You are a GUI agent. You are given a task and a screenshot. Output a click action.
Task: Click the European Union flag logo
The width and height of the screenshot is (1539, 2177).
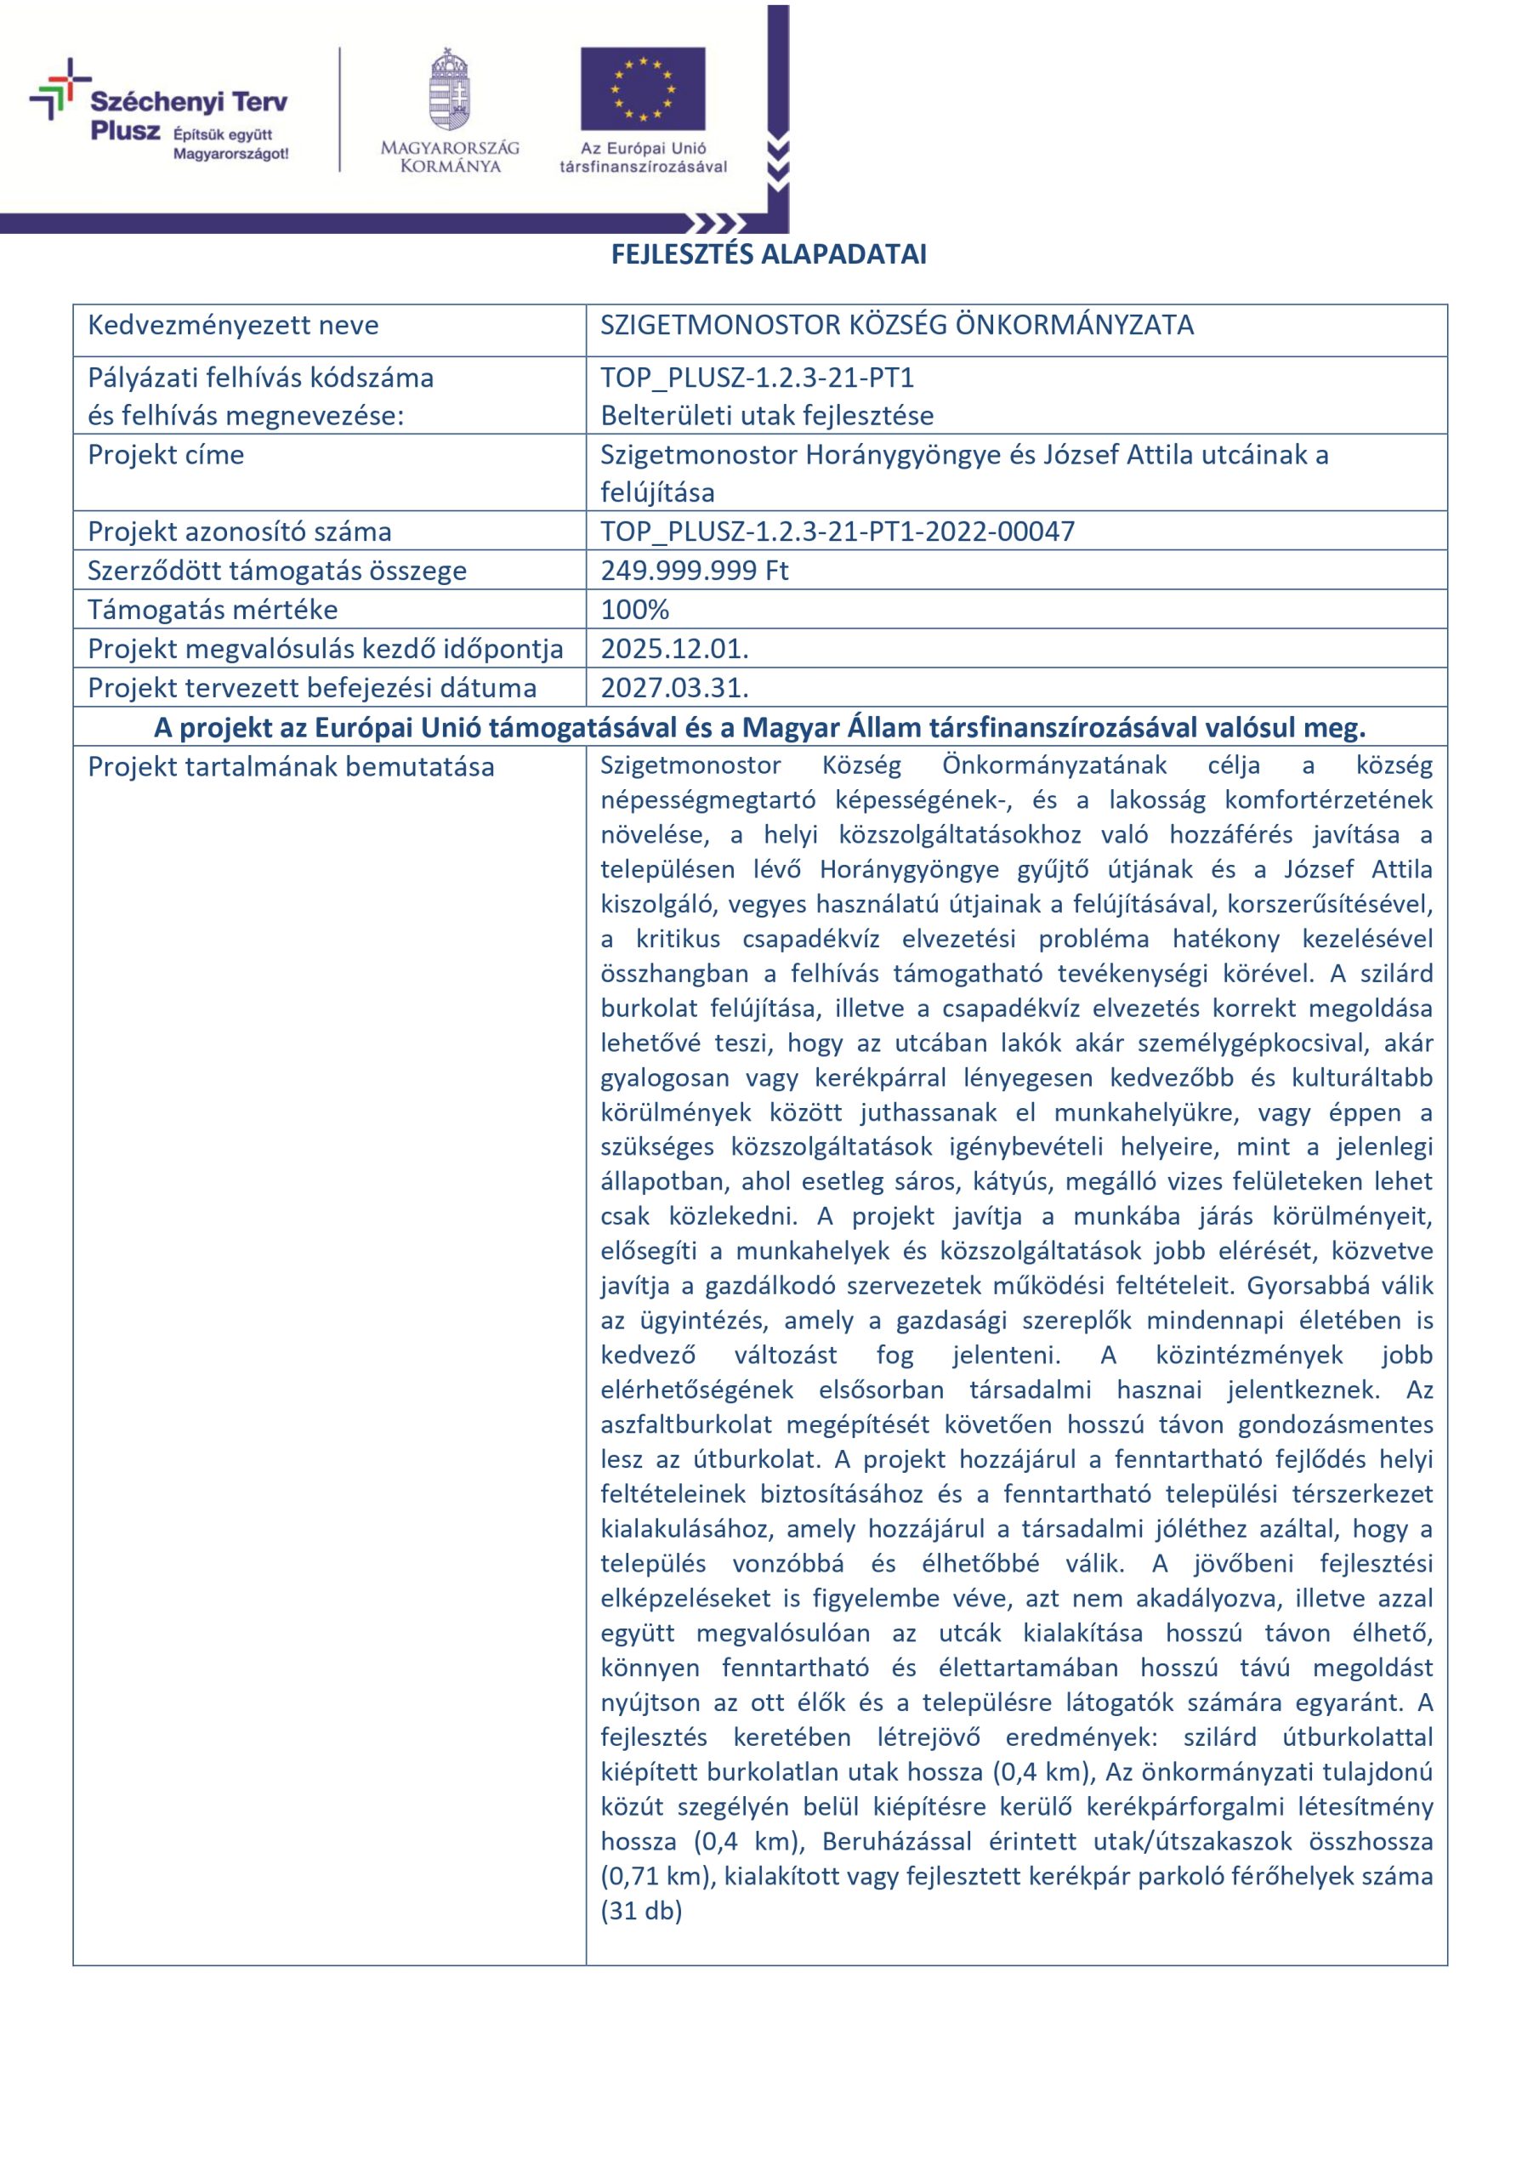pyautogui.click(x=643, y=88)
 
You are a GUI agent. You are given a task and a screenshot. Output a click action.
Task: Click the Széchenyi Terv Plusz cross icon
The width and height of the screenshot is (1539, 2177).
pyautogui.click(x=60, y=88)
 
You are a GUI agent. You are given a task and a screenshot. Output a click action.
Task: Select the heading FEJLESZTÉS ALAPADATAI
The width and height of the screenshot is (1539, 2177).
pyautogui.click(x=768, y=254)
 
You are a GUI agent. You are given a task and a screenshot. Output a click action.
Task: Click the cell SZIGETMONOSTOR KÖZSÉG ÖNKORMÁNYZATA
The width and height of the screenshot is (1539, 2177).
pyautogui.click(x=896, y=325)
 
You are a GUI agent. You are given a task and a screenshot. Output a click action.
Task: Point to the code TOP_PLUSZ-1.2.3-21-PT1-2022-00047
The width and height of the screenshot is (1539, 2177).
pyautogui.click(x=838, y=531)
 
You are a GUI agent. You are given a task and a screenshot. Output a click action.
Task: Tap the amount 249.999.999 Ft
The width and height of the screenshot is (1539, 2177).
pyautogui.click(x=694, y=570)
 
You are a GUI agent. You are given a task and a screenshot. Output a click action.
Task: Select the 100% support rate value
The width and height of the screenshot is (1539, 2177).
pyautogui.click(x=634, y=609)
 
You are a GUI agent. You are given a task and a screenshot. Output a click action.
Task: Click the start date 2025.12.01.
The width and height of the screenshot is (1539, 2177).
pyautogui.click(x=674, y=649)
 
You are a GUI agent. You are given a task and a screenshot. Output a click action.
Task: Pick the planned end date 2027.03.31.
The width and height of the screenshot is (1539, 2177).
pyautogui.click(x=674, y=687)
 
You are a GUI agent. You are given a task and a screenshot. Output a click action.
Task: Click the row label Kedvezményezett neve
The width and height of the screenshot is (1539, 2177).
pyautogui.click(x=233, y=325)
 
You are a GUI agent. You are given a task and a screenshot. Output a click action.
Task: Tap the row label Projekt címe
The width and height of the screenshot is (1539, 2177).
pyautogui.click(x=166, y=455)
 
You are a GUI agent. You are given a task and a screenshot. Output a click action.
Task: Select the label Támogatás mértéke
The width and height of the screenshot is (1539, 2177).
pyautogui.click(x=213, y=609)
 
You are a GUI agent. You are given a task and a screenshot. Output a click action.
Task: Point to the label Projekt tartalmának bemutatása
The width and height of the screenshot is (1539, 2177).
pyautogui.click(x=291, y=766)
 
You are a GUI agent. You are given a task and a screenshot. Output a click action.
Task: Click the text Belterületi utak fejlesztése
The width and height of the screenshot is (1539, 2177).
pyautogui.click(x=766, y=415)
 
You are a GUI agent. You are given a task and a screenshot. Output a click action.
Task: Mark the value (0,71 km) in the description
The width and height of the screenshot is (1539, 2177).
pyautogui.click(x=656, y=1875)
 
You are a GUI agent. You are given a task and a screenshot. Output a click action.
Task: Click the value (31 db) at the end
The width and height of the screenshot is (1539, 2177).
pyautogui.click(x=641, y=1911)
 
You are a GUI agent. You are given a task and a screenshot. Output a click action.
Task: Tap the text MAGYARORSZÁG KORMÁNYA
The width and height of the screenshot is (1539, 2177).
pyautogui.click(x=450, y=157)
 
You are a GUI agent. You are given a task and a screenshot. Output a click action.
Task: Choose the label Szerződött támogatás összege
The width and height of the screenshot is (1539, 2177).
pyautogui.click(x=277, y=570)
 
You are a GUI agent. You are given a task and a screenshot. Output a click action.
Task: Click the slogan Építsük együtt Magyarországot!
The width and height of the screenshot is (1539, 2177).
pyautogui.click(x=230, y=144)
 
